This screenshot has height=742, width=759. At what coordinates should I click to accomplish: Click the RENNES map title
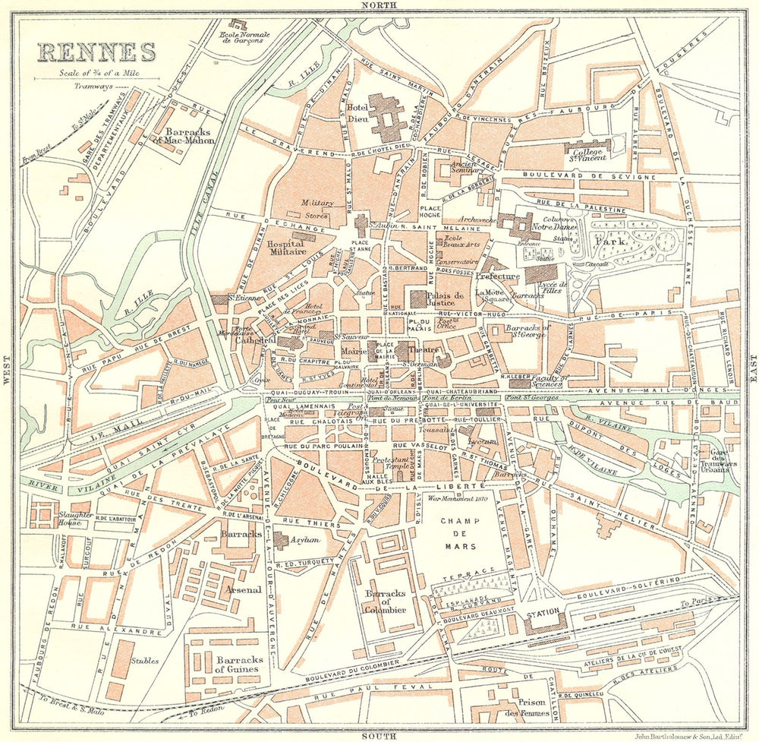pos(96,52)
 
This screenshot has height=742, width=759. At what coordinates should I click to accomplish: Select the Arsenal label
pos(243,589)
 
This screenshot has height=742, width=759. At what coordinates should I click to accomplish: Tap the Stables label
pos(144,661)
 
